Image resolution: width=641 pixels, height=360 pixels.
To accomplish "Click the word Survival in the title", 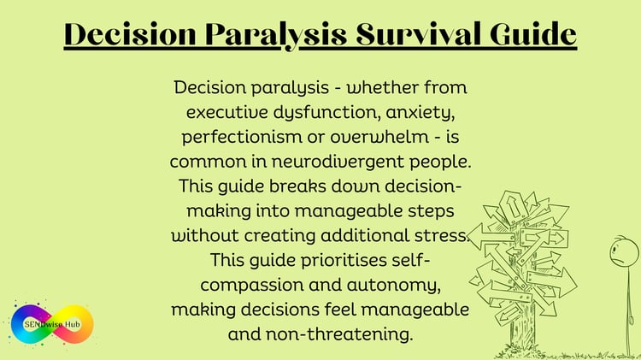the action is click(419, 34).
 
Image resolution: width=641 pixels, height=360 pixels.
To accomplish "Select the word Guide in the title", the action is click(533, 33).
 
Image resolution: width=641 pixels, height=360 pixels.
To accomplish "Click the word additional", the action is click(365, 236).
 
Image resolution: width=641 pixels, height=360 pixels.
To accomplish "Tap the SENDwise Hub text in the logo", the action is click(52, 324).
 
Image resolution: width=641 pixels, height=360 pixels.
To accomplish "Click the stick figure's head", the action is click(624, 252).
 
